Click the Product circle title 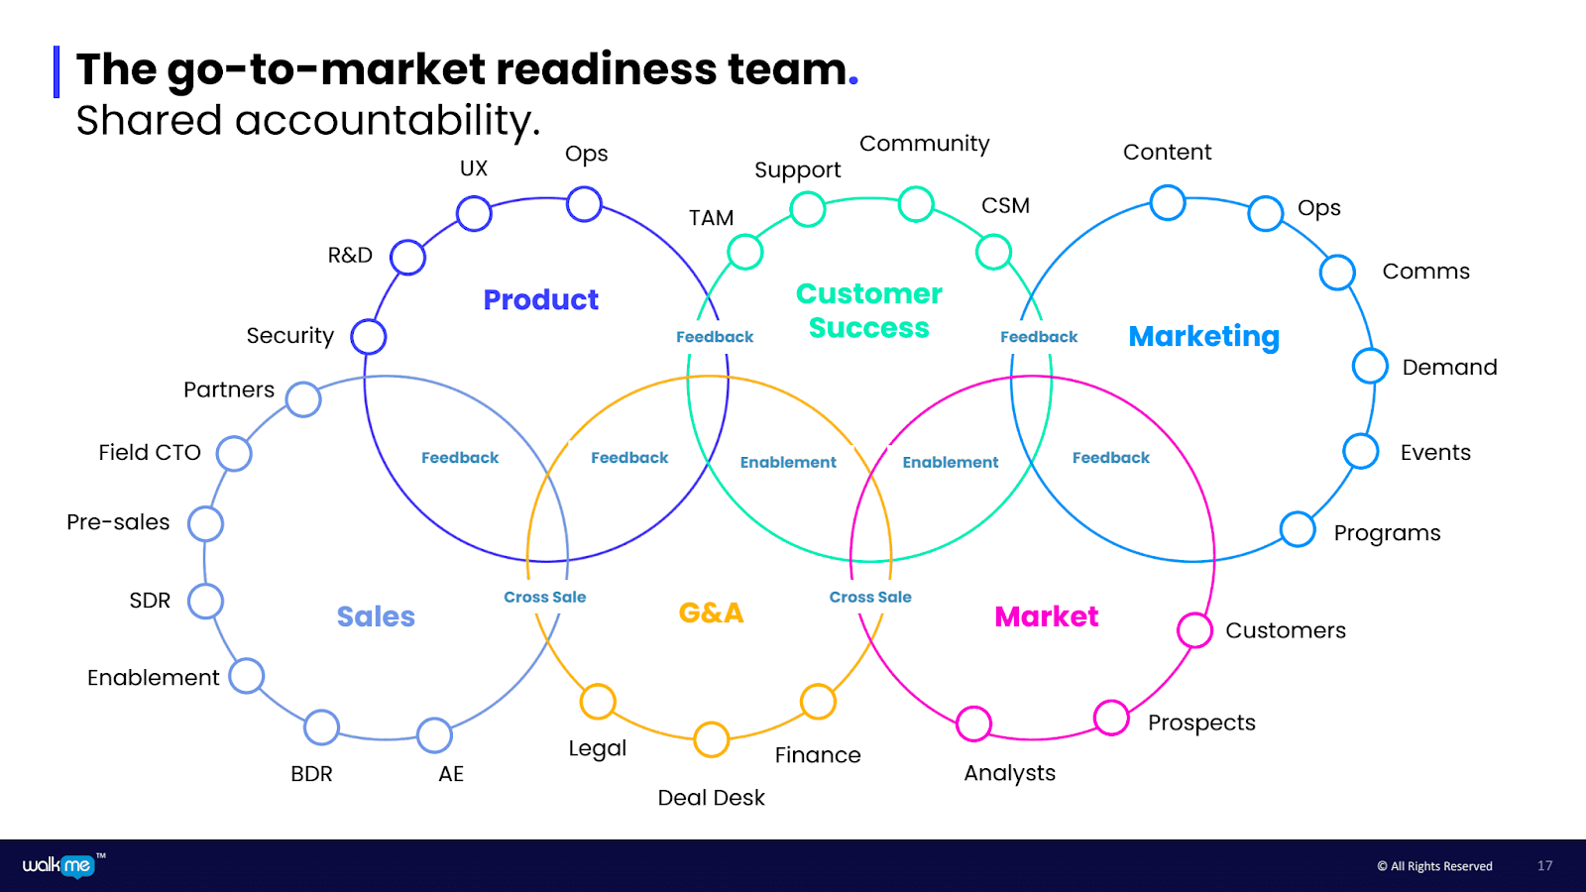(540, 299)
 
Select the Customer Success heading (868, 310)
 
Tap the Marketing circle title (1203, 337)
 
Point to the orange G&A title (711, 613)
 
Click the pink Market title (1046, 616)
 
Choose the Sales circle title (376, 616)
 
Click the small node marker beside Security (368, 337)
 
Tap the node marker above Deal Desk (711, 739)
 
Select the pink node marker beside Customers (1194, 630)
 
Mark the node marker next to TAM (744, 252)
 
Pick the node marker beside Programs (1297, 529)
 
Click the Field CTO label (150, 453)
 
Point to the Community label (924, 144)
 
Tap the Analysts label (1009, 773)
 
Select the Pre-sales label (118, 522)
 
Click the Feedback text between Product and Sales (460, 458)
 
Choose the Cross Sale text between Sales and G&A (544, 597)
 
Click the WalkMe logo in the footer (58, 865)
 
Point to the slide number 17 (1544, 866)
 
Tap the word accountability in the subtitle (388, 121)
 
